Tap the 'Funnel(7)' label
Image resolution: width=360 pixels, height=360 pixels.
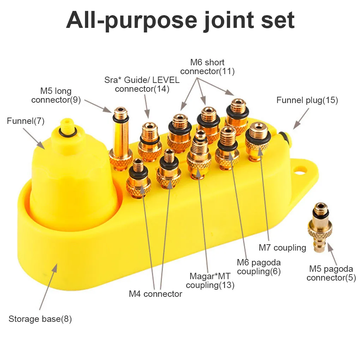pyautogui.click(x=25, y=121)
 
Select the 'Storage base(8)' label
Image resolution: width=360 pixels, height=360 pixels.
pyautogui.click(x=40, y=319)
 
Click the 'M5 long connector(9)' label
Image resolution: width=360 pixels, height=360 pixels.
pyautogui.click(x=56, y=96)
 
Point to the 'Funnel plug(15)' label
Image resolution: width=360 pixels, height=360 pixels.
pyautogui.click(x=307, y=100)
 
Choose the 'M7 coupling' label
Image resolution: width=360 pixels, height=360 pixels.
pyautogui.click(x=282, y=247)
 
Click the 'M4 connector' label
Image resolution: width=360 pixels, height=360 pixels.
pyautogui.click(x=155, y=294)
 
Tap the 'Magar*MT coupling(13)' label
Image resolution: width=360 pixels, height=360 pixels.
pyautogui.click(x=210, y=280)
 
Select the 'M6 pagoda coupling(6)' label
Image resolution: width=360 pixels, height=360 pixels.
pyautogui.click(x=259, y=267)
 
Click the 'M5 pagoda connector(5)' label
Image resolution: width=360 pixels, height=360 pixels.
pyautogui.click(x=331, y=273)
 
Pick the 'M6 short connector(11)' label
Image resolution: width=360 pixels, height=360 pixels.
pyautogui.click(x=207, y=67)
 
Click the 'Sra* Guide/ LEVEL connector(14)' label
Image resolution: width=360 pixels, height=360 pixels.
pyautogui.click(x=142, y=84)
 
